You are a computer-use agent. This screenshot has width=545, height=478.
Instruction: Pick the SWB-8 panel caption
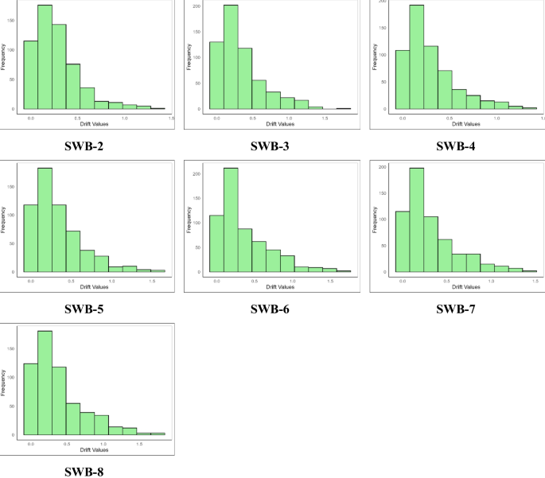[x=84, y=471]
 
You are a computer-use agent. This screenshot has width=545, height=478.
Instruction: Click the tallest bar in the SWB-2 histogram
[x=45, y=57]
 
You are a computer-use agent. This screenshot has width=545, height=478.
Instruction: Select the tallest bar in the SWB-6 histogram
[x=232, y=220]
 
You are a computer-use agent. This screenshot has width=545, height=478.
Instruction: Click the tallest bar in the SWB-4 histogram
[x=417, y=57]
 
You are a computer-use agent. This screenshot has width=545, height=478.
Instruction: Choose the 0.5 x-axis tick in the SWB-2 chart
[x=78, y=118]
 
